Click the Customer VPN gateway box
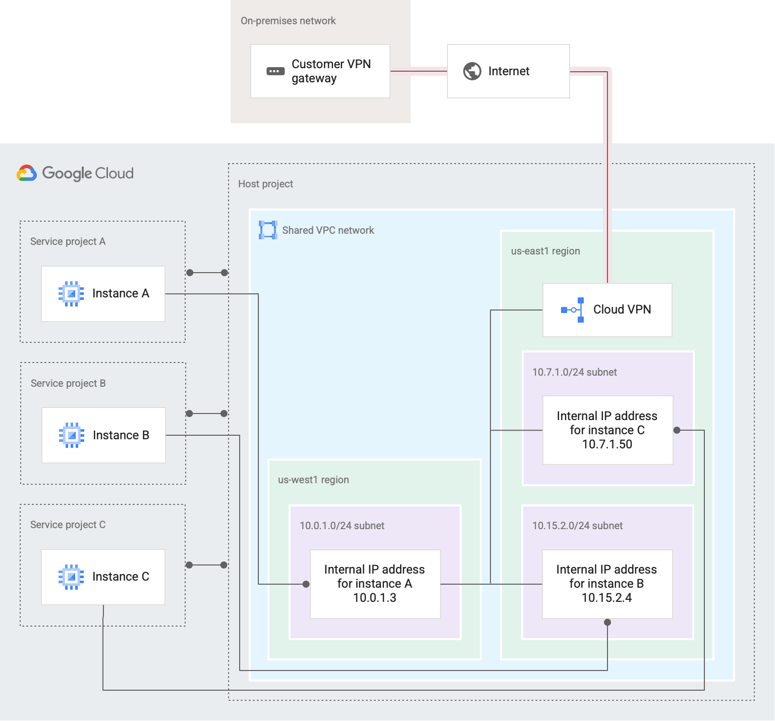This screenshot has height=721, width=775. (x=320, y=71)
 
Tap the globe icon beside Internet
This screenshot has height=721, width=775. (x=472, y=71)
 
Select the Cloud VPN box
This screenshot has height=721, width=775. (x=607, y=310)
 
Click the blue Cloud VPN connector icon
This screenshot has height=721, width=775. (x=573, y=310)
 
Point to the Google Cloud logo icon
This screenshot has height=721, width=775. (x=27, y=173)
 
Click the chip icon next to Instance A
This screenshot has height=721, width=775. (x=71, y=293)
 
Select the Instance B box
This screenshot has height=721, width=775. (x=103, y=435)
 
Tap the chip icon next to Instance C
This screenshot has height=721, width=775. (x=71, y=577)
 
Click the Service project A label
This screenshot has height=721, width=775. (x=68, y=241)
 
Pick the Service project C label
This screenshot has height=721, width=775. (x=68, y=525)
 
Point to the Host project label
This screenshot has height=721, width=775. (x=265, y=184)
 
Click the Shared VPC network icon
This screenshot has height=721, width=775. (x=268, y=230)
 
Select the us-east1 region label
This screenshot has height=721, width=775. (x=545, y=251)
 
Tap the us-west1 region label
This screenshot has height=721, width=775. (x=313, y=480)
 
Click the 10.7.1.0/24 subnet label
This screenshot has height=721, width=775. (x=574, y=372)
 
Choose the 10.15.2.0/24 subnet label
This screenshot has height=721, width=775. (x=577, y=526)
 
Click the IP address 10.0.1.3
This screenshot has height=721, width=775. (x=374, y=598)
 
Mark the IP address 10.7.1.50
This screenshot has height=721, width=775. (x=607, y=444)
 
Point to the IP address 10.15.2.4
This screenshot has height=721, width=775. (x=606, y=598)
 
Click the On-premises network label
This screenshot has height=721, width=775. (x=288, y=21)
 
